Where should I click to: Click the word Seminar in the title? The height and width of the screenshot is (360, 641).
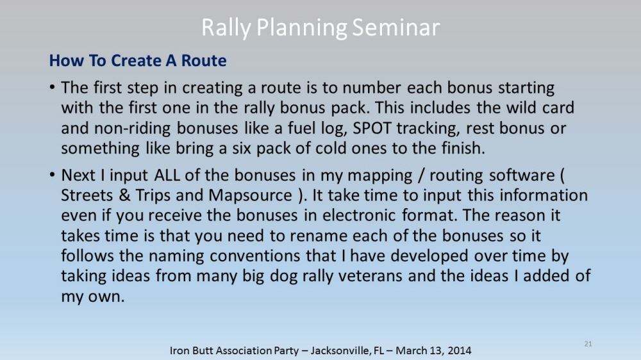[395, 28]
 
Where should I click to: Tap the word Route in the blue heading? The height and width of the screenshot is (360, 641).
[204, 60]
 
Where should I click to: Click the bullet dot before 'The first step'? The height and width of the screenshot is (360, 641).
[52, 87]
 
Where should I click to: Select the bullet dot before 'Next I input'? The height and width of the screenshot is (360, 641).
[52, 175]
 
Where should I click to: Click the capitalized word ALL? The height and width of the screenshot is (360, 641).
[167, 176]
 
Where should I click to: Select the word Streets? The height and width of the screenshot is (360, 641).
[87, 195]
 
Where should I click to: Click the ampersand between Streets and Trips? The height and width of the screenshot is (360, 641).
[124, 195]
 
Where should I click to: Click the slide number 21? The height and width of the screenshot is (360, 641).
[588, 343]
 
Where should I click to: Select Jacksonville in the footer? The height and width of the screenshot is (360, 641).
[341, 350]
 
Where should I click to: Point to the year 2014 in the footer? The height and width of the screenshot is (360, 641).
[459, 350]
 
